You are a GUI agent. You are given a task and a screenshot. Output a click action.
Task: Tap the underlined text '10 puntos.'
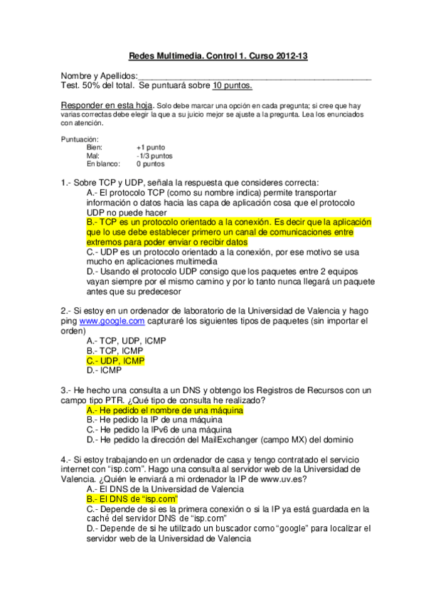232,85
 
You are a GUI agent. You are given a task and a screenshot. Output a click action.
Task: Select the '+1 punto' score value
151,147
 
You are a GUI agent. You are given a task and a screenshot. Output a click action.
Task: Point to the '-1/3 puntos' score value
154,155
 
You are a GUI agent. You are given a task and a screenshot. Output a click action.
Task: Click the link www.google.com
107,321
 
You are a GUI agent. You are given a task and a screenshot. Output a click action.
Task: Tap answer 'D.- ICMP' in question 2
104,370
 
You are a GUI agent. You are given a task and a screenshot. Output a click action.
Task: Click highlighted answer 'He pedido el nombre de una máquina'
165,410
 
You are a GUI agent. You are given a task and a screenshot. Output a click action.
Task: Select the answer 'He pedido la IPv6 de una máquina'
161,429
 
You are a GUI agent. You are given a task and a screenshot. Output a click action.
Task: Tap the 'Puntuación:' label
80,139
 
